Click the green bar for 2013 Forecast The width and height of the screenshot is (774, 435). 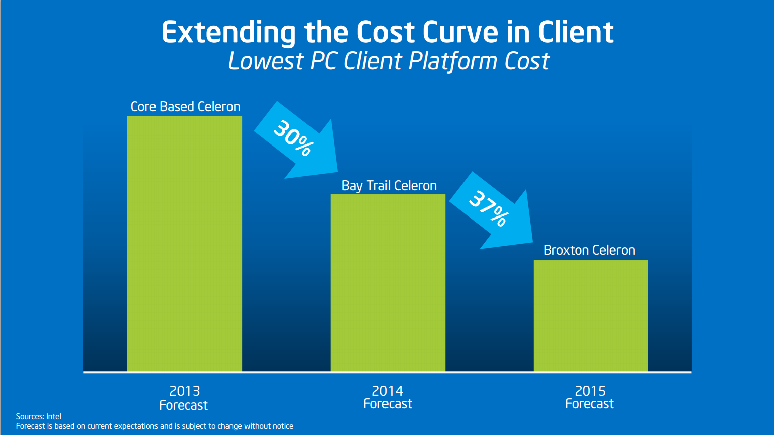point(184,244)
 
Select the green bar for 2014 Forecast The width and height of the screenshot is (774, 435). point(388,282)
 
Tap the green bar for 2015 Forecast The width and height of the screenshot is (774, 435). point(591,316)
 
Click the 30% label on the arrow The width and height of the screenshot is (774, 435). point(293,138)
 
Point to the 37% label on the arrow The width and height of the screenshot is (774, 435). point(489,208)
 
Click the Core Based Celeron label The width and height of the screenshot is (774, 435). point(185,107)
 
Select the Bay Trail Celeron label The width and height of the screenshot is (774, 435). point(389,186)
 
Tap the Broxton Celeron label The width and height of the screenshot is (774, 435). point(589,250)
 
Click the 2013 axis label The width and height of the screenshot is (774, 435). point(184,391)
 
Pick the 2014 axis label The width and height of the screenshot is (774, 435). point(388,391)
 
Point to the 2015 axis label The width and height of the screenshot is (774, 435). point(590,391)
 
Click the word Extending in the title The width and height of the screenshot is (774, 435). point(228,33)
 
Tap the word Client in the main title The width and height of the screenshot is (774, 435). point(576,32)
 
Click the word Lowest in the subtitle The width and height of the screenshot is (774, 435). point(266,61)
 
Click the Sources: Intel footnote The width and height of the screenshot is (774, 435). point(39,416)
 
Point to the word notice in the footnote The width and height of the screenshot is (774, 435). point(282,426)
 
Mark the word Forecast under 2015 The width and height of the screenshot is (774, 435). point(589,404)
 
